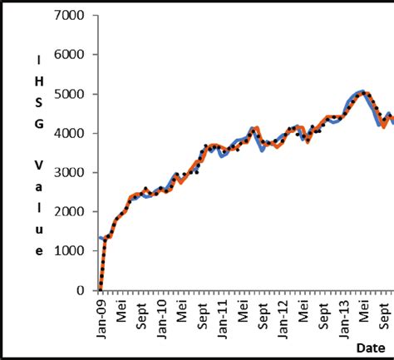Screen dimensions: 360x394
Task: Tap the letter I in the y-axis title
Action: pyautogui.click(x=38, y=59)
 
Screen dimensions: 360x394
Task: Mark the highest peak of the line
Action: pyautogui.click(x=361, y=91)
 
